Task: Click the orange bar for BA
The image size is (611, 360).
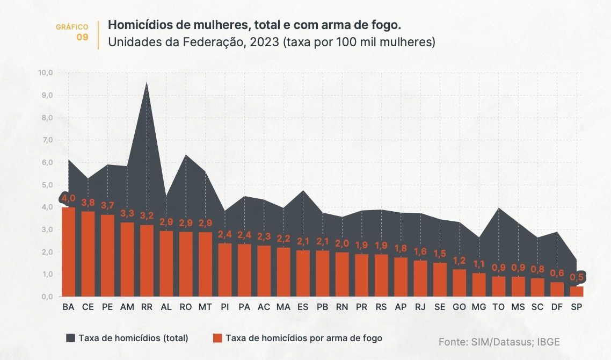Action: [68, 251]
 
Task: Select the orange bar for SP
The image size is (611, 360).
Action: [576, 291]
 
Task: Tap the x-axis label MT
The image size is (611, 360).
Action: [205, 308]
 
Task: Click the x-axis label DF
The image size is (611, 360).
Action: [557, 308]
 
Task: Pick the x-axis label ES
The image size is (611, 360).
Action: [303, 308]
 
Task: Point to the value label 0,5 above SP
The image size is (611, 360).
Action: [577, 277]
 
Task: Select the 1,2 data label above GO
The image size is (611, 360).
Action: [459, 261]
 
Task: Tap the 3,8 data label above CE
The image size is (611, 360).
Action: [88, 203]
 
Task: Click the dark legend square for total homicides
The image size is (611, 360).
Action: [70, 338]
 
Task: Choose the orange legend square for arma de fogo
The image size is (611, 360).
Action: [217, 338]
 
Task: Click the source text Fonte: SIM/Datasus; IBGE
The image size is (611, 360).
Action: [499, 342]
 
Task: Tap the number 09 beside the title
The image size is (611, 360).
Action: [82, 37]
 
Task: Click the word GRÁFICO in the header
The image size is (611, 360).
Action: [72, 27]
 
